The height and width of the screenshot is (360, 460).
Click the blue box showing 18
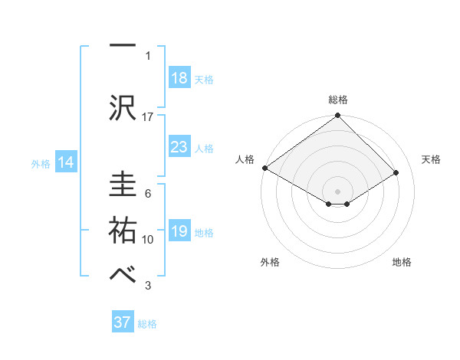tap(179, 79)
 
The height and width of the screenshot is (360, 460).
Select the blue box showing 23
tap(179, 148)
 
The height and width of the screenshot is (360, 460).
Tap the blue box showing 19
tap(179, 232)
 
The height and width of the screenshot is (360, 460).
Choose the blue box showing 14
tap(65, 162)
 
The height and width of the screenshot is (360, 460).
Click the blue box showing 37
tap(123, 322)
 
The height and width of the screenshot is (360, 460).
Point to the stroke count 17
tap(148, 116)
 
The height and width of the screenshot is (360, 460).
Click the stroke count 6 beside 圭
tap(148, 194)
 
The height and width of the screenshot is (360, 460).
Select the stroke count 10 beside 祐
tap(148, 240)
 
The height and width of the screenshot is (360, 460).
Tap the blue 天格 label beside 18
tap(204, 80)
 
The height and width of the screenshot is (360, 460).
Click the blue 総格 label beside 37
tap(147, 323)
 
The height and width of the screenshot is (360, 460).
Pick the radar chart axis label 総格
tap(337, 100)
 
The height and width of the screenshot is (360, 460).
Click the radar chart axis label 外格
tap(269, 262)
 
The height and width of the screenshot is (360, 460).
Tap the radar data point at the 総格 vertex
tap(337, 116)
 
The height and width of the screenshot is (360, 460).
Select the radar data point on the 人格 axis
tap(264, 168)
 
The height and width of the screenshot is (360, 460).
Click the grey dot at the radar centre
tap(337, 190)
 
